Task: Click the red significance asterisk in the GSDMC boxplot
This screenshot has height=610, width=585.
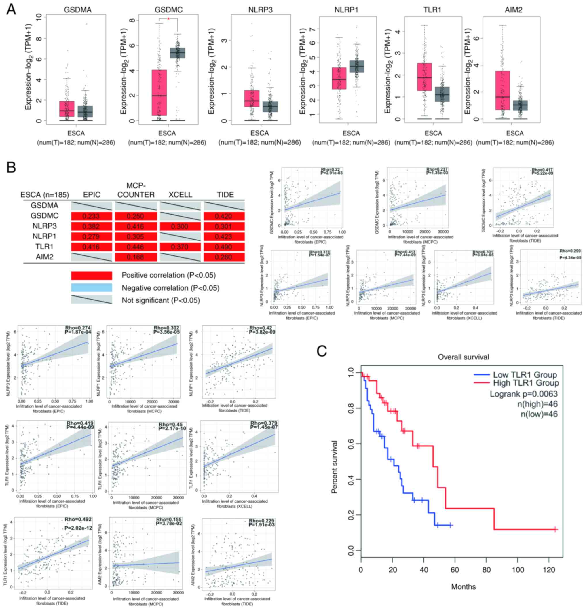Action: point(168,19)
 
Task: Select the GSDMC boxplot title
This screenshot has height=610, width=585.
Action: point(168,10)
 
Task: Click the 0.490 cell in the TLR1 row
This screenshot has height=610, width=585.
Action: point(224,247)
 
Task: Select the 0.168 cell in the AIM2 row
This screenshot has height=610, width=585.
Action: point(136,257)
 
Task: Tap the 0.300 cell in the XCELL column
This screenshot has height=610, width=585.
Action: point(180,226)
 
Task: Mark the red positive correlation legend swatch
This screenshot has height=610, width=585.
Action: point(92,275)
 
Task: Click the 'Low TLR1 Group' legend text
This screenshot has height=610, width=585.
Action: point(525,375)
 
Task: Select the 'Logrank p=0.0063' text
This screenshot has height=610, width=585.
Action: point(524,394)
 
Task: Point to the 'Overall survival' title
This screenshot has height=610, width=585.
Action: point(463,357)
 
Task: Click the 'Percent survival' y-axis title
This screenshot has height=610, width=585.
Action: point(334,467)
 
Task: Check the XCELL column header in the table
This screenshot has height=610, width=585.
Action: point(180,194)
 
